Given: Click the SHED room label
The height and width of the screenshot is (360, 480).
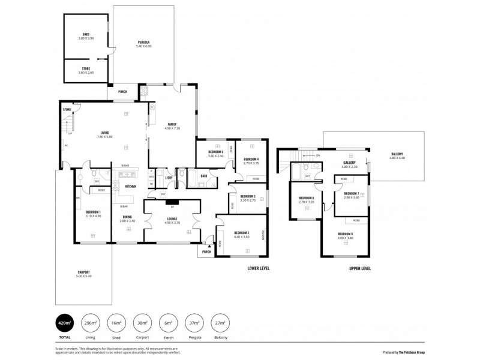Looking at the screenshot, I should pos(86,34).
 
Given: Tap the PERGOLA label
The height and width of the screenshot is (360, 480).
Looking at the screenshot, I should pos(143,42).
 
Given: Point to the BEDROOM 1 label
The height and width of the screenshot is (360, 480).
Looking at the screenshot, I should pos(92,212).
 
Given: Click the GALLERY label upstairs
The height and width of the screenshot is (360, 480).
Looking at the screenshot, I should pos(350,163).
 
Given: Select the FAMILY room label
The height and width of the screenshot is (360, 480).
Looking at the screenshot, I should pos(172,124).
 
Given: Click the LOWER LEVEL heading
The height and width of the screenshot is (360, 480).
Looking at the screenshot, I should pos(259,268).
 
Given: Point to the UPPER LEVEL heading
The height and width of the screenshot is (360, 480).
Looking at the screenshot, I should pos(360,268).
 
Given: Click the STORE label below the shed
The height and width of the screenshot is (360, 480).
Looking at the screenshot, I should pos(86,69).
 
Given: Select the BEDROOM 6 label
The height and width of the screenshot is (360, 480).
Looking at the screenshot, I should pos(344,233).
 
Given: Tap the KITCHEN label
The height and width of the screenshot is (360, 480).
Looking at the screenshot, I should pos(130,186).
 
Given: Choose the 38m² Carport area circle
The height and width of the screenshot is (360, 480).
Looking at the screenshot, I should pos(142,324).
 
